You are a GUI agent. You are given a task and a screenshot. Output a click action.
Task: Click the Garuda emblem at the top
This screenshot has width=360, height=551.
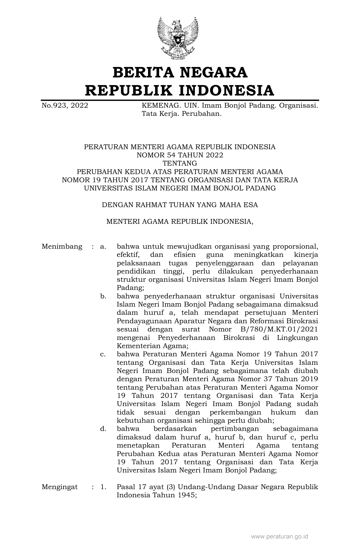coord(178,38)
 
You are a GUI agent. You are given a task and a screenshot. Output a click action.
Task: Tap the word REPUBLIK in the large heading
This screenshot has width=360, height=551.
coord(128,90)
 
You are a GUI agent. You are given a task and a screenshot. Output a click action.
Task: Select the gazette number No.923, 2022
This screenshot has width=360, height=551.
coord(65,106)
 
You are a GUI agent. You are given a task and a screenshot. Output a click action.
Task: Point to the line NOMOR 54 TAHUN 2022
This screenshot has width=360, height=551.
coord(180,155)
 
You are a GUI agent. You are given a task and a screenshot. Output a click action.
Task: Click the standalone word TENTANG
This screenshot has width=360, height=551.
coord(180,163)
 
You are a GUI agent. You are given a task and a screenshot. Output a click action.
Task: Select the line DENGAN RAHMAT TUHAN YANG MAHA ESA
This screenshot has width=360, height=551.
coord(180,205)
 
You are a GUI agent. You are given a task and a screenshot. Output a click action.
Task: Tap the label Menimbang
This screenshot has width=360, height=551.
coord(62,246)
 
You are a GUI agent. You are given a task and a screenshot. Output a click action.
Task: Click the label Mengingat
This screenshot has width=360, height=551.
coord(60,487)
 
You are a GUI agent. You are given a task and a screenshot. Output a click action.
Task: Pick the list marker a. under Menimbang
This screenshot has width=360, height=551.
coord(103,246)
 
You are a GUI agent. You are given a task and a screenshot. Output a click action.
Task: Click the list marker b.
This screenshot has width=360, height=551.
coord(103,296)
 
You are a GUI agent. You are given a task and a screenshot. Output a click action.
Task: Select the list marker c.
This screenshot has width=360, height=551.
coord(103,354)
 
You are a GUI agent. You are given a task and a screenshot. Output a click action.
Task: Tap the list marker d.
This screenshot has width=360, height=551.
coord(103,429)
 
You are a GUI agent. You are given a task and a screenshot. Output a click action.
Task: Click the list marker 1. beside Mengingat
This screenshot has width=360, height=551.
coord(103,487)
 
